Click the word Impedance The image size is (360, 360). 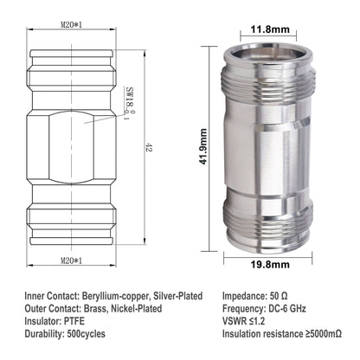pos(247,295)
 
